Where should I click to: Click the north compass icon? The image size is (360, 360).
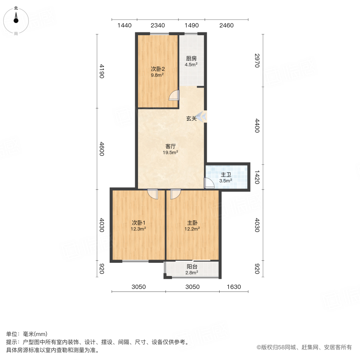click(16, 18)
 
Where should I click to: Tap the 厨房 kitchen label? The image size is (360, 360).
click(191, 58)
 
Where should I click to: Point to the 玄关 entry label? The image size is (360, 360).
click(191, 118)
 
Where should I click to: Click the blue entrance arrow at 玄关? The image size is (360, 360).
click(202, 117)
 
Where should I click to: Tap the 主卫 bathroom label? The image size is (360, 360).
click(226, 175)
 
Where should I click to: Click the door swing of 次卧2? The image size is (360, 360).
click(174, 96)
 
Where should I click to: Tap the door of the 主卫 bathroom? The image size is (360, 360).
click(209, 183)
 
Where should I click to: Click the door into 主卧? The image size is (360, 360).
click(175, 194)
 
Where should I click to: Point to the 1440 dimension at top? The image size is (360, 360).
click(124, 26)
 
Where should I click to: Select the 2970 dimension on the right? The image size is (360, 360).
click(257, 61)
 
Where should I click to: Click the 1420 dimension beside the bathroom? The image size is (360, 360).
click(257, 176)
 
